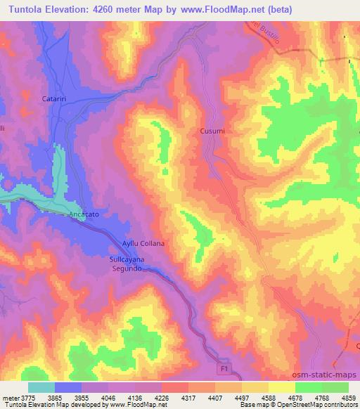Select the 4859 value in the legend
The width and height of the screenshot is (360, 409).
(x=349, y=397)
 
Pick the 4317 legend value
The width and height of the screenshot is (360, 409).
(x=188, y=397)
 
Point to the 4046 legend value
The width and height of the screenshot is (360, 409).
(x=108, y=397)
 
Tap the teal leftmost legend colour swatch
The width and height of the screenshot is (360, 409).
(x=41, y=387)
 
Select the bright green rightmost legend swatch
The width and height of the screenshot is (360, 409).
(x=335, y=387)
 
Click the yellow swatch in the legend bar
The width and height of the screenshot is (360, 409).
(x=281, y=387)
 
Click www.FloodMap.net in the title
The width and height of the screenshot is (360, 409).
(x=217, y=10)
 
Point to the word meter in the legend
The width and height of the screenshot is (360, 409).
(x=8, y=397)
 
